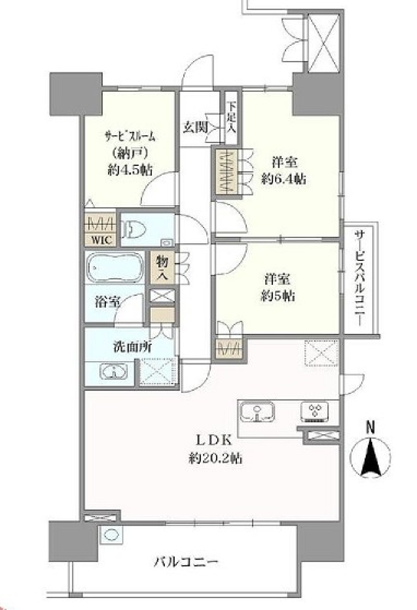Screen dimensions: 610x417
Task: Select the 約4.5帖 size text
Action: pos(130,170)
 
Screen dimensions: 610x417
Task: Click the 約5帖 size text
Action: pos(278,296)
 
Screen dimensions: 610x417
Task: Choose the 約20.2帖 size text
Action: pos(215,458)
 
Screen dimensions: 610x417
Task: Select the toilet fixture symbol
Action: pos(135,229)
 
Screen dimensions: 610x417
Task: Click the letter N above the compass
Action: pos(370,427)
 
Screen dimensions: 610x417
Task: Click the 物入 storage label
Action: pos(163,268)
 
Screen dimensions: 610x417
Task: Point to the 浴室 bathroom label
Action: pos(108,302)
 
